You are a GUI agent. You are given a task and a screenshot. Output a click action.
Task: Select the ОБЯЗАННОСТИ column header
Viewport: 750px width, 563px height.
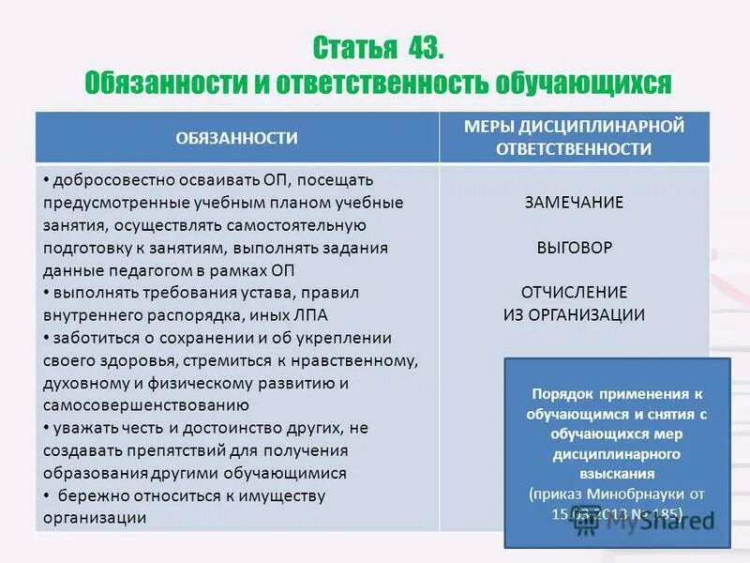point(236,138)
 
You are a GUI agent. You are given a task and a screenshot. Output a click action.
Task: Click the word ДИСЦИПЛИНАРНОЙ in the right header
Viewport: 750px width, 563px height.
point(604,126)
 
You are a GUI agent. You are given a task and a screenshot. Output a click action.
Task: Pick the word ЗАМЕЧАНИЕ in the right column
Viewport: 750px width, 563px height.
point(574,203)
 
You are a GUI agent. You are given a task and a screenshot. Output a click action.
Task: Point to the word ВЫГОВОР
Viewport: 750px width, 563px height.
point(574,248)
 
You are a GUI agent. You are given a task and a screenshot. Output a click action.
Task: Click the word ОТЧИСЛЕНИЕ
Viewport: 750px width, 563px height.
point(574,292)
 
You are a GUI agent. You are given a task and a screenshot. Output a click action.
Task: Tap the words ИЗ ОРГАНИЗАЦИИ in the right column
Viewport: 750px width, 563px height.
point(574,314)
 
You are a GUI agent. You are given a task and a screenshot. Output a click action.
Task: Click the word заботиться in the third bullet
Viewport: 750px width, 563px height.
point(91,338)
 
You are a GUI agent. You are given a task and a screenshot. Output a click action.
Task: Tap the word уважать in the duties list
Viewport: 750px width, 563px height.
point(81,428)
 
